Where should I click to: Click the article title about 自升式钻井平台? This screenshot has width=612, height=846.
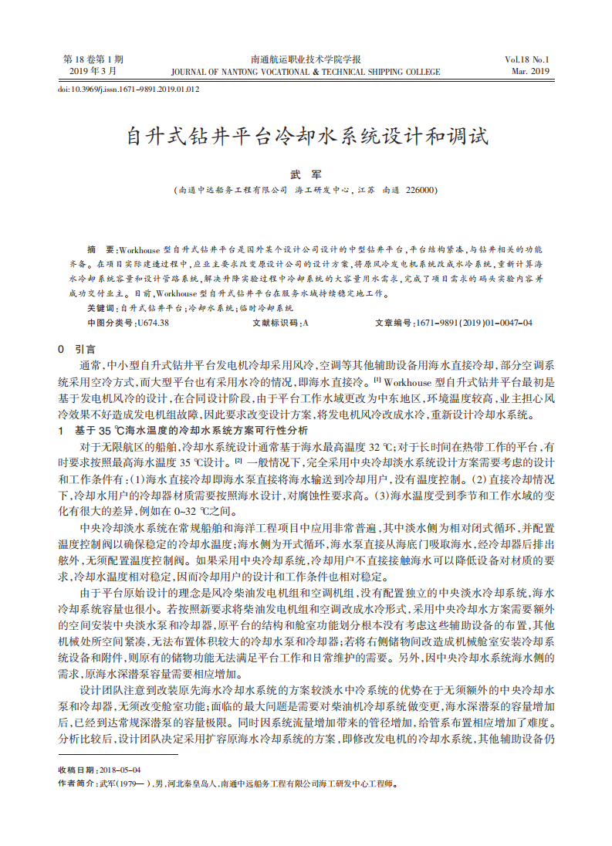(x=306, y=138)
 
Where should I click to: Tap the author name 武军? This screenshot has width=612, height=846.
(x=306, y=174)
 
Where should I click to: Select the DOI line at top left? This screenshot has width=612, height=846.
(x=129, y=89)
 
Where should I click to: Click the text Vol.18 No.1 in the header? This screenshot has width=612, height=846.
(x=526, y=59)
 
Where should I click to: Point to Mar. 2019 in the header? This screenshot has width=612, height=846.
(x=529, y=71)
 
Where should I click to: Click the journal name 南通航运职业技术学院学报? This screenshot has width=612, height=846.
(x=306, y=59)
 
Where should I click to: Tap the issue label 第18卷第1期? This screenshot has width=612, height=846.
(x=93, y=59)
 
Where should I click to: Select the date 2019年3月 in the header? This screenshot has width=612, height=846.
(x=93, y=71)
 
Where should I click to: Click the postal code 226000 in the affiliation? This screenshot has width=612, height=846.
(x=421, y=190)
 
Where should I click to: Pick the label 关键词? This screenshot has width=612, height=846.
(x=101, y=308)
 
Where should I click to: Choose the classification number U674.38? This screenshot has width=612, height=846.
(x=151, y=323)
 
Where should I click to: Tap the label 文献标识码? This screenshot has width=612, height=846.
(x=275, y=323)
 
